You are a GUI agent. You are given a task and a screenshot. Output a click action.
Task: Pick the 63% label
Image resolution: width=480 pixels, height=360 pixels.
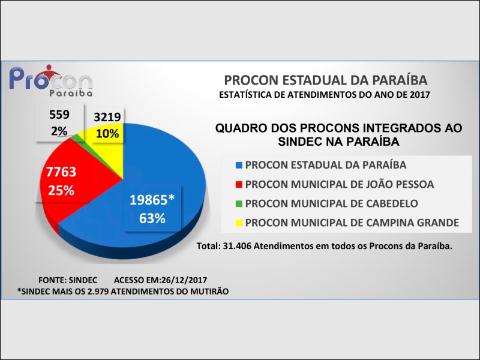pos(152,218)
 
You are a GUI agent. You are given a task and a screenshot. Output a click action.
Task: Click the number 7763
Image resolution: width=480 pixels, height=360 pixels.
pos(61,173)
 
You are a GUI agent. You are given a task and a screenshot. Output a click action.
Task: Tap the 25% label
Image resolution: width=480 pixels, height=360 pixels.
pos(61,191)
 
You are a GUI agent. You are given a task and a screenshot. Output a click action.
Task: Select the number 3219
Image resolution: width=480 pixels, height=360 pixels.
pos(107,118)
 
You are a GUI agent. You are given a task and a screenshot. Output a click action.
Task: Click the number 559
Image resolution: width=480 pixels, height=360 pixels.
pos(59,115)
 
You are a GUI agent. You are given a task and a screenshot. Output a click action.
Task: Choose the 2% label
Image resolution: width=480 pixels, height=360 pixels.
pos(59,130)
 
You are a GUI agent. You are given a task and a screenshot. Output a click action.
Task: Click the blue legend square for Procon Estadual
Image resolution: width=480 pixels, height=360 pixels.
pos(240,164)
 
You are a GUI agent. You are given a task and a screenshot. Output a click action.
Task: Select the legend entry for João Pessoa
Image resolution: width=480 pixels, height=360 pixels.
pos(340,184)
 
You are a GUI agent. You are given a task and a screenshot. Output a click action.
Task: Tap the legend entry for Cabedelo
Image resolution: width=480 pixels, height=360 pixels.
pos(332,203)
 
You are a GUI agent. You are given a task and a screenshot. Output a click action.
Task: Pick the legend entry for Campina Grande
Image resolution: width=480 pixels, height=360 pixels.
pos(352,223)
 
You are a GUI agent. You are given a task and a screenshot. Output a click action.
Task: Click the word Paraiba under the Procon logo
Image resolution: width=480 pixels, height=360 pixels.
pos(71,94)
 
